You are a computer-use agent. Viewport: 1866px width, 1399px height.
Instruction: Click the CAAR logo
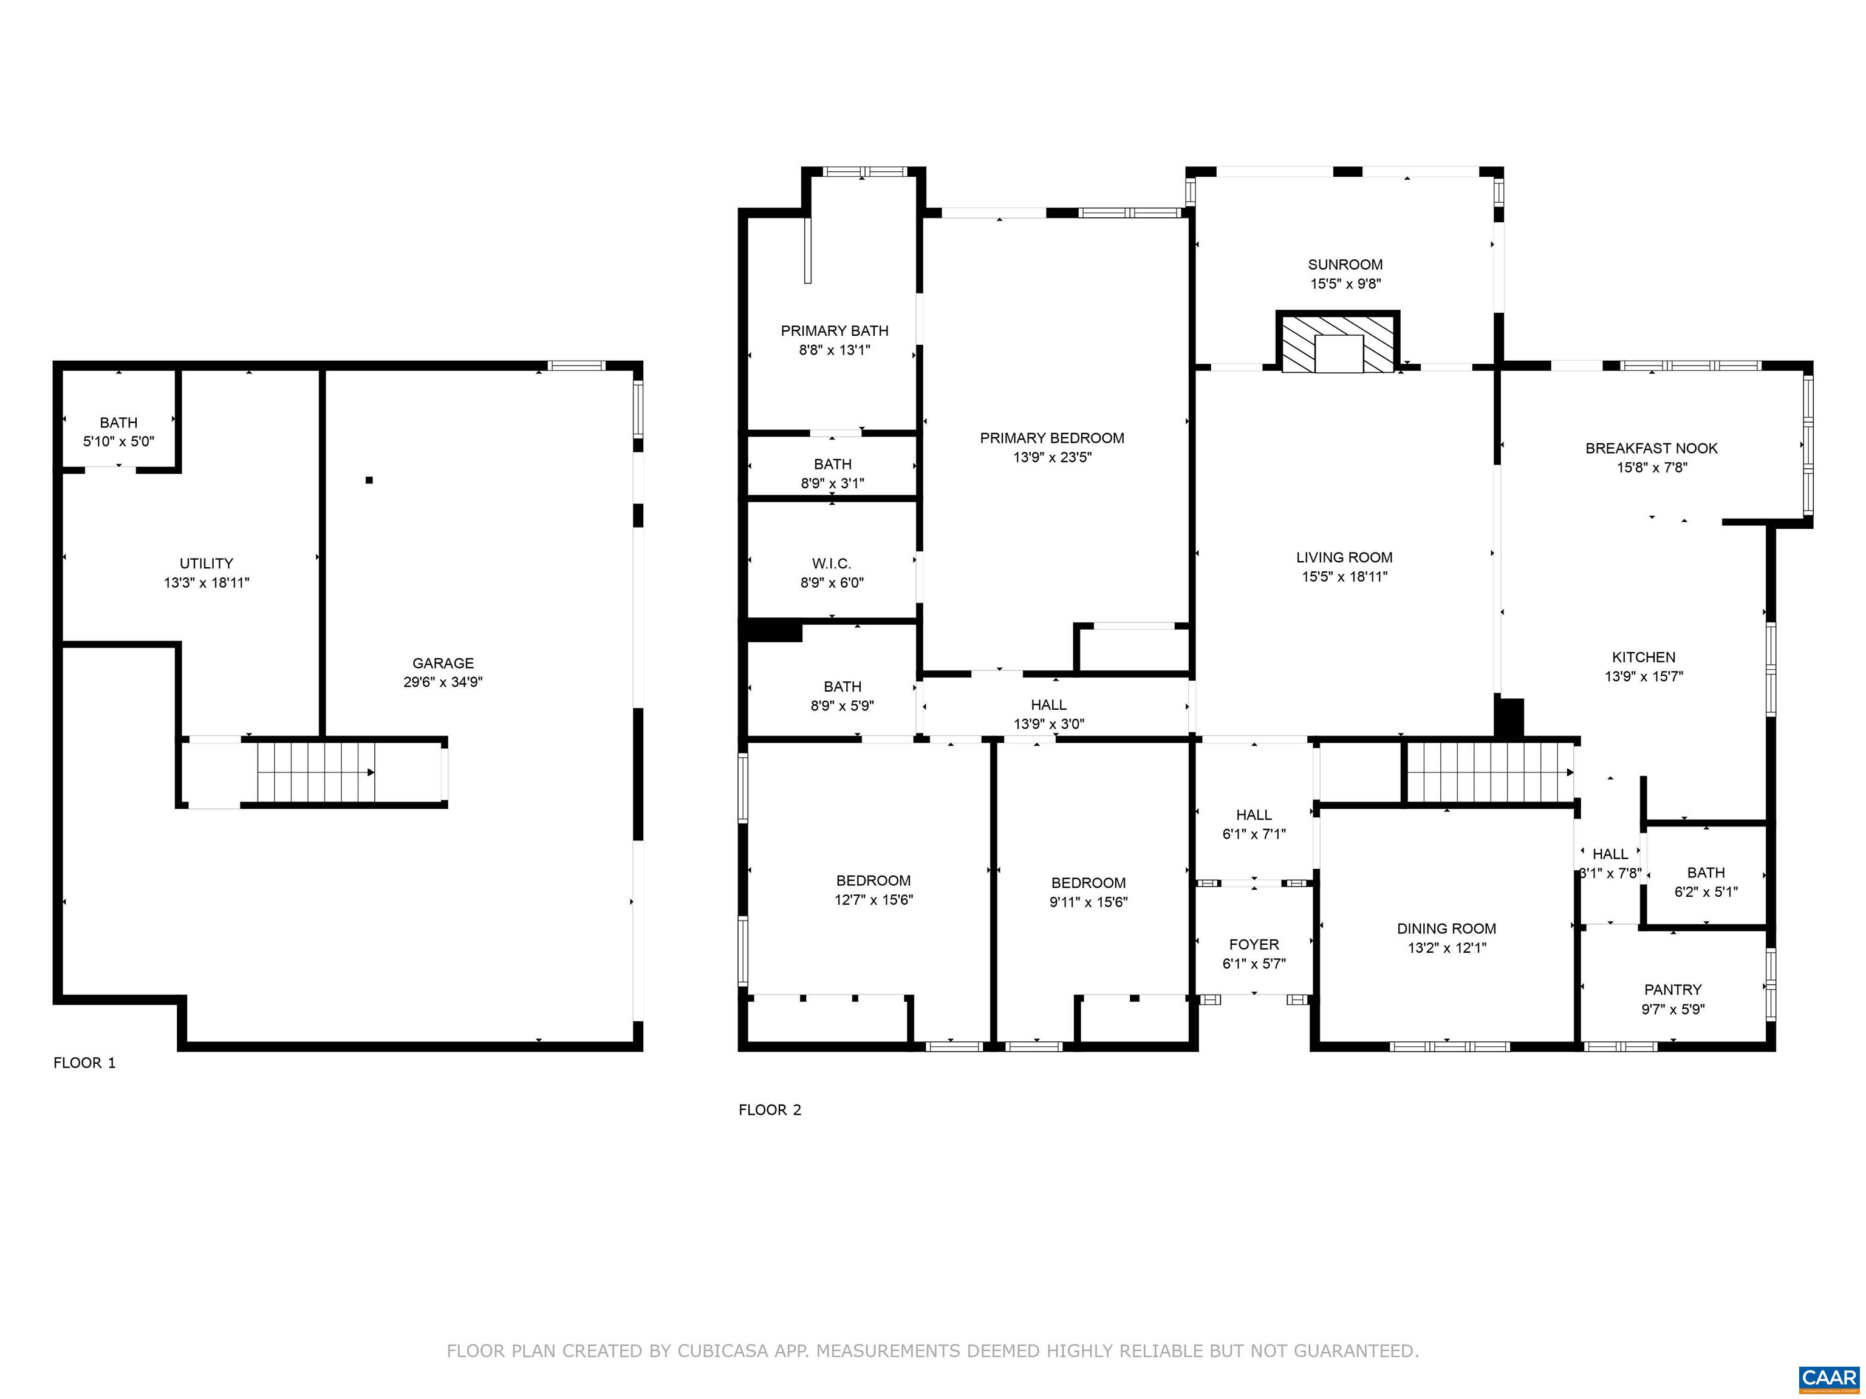1830,1378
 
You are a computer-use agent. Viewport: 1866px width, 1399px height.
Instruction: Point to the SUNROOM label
1345,265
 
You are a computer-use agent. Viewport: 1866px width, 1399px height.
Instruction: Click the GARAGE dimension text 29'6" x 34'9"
443,682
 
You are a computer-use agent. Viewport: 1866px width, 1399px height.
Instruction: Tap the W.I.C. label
832,563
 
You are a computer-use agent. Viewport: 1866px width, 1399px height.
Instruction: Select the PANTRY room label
1673,989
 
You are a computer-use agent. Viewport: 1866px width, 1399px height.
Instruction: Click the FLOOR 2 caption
770,1110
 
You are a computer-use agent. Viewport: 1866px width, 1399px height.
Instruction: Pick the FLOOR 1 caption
84,1063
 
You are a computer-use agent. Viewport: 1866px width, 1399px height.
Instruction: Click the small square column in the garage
369,480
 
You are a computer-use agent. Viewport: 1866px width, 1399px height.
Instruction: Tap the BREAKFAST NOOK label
1652,449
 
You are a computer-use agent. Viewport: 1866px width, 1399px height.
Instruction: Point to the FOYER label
1254,944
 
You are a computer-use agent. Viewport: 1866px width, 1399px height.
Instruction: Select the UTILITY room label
207,563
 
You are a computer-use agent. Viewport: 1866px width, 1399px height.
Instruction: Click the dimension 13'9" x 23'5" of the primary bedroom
1052,457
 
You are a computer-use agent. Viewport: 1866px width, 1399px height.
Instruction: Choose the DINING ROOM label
1447,928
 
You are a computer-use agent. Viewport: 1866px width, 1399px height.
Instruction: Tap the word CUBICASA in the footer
723,1351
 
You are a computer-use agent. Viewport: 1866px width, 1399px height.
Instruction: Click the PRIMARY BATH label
835,330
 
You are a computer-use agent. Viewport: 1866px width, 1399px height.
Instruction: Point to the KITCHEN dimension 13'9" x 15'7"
1644,675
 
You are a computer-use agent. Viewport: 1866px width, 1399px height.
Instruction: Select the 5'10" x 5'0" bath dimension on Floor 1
119,441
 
